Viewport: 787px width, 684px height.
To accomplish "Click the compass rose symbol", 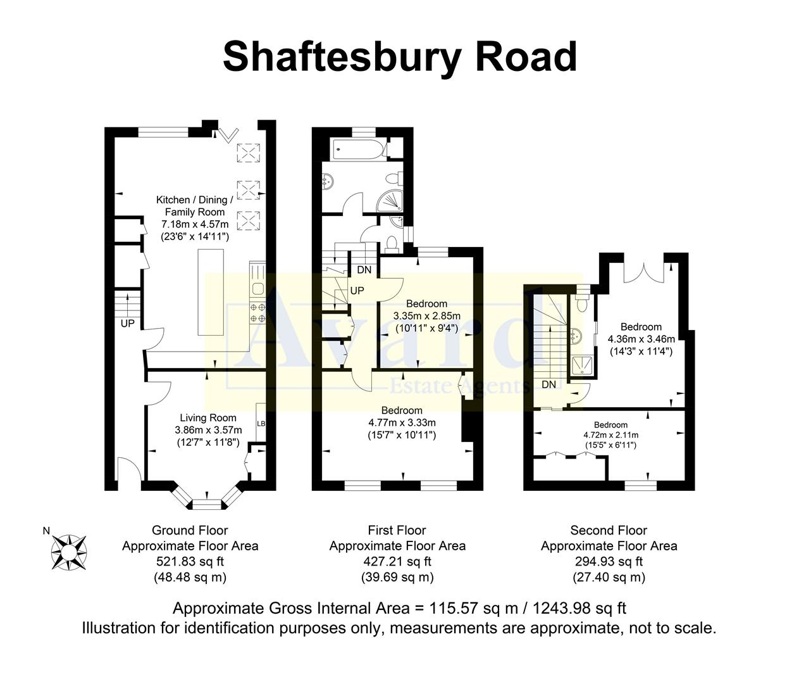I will (70, 551).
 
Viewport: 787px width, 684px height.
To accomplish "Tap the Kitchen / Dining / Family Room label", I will (195, 206).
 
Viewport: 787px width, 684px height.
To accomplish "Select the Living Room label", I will (208, 418).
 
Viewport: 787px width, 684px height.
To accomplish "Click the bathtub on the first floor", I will (357, 149).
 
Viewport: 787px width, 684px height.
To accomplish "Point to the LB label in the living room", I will (261, 424).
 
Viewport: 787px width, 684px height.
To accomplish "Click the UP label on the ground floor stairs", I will (128, 324).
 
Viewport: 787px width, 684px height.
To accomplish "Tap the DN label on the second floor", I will (548, 384).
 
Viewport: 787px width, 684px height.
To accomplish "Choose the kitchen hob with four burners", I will (258, 313).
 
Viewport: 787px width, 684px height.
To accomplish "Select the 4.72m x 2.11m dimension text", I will (610, 435).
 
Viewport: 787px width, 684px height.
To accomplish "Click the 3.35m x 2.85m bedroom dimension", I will (426, 316).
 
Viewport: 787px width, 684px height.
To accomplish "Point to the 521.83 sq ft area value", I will (190, 561).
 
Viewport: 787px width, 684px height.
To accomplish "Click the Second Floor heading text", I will (609, 530).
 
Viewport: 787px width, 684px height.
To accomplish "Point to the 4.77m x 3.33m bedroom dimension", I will (402, 423).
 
